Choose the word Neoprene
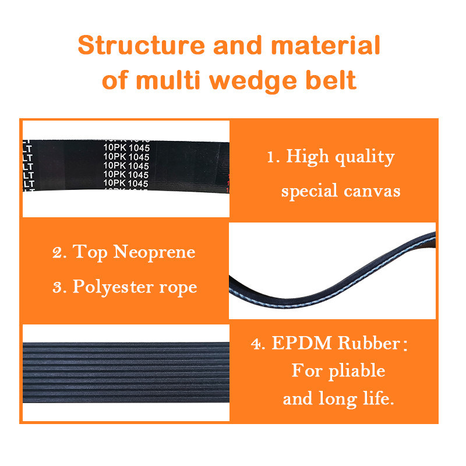point(154,252)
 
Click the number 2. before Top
point(58,253)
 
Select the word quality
point(366,158)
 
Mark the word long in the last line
point(341,400)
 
